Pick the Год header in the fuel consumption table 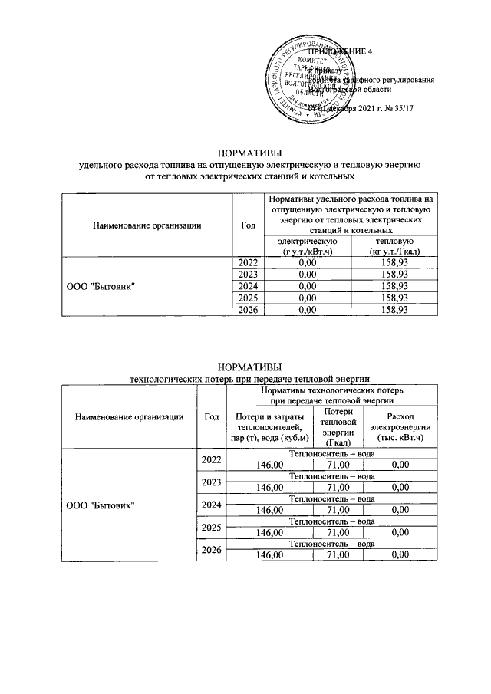point(247,225)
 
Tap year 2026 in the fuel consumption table point(247,310)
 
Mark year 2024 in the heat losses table point(211,505)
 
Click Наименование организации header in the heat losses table point(129,416)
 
